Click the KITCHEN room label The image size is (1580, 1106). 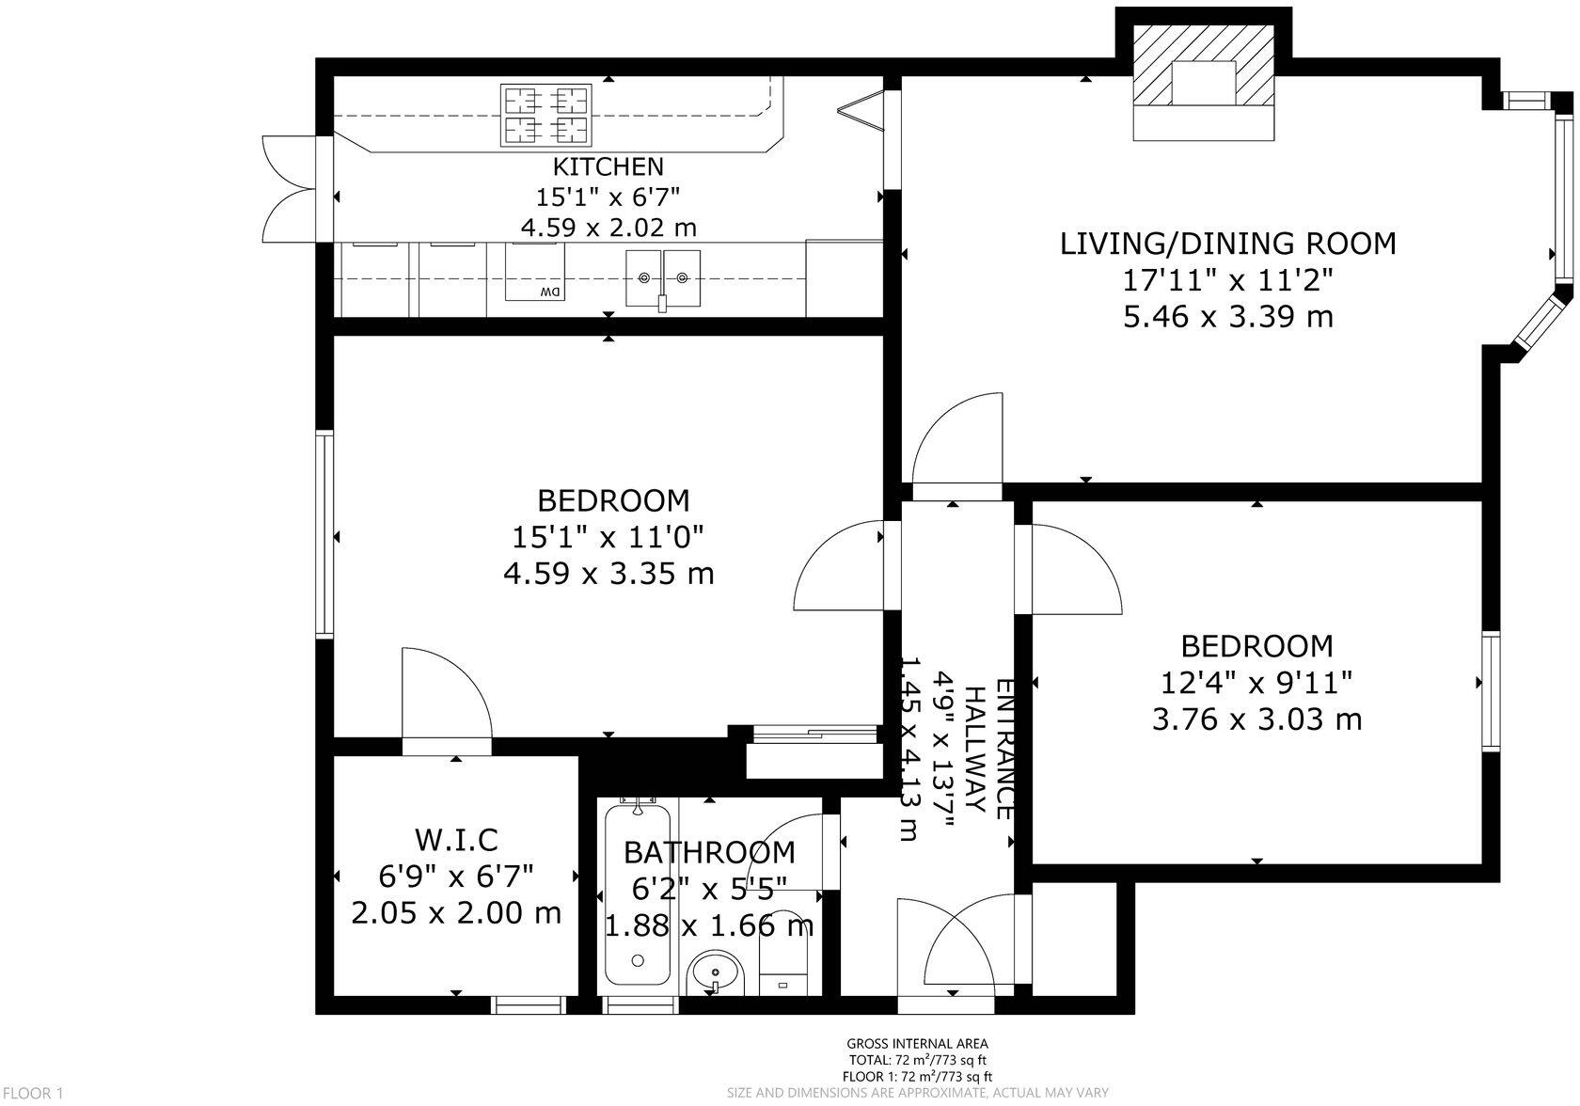(608, 167)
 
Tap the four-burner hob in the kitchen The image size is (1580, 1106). (545, 115)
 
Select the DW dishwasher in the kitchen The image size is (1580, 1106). (535, 273)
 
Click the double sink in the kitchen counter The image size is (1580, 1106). (663, 278)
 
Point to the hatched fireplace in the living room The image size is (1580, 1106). (1204, 83)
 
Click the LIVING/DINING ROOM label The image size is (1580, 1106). (1228, 245)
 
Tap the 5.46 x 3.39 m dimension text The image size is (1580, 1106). (1228, 318)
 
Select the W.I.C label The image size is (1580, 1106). (456, 840)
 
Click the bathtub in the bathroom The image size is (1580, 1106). (638, 894)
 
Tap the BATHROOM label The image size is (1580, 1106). (709, 854)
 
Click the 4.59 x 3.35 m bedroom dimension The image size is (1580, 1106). (608, 574)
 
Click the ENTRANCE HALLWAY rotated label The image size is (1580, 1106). (989, 749)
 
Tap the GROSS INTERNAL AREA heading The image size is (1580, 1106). (917, 1044)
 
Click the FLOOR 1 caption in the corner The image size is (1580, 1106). (32, 1093)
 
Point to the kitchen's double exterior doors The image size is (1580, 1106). (290, 188)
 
